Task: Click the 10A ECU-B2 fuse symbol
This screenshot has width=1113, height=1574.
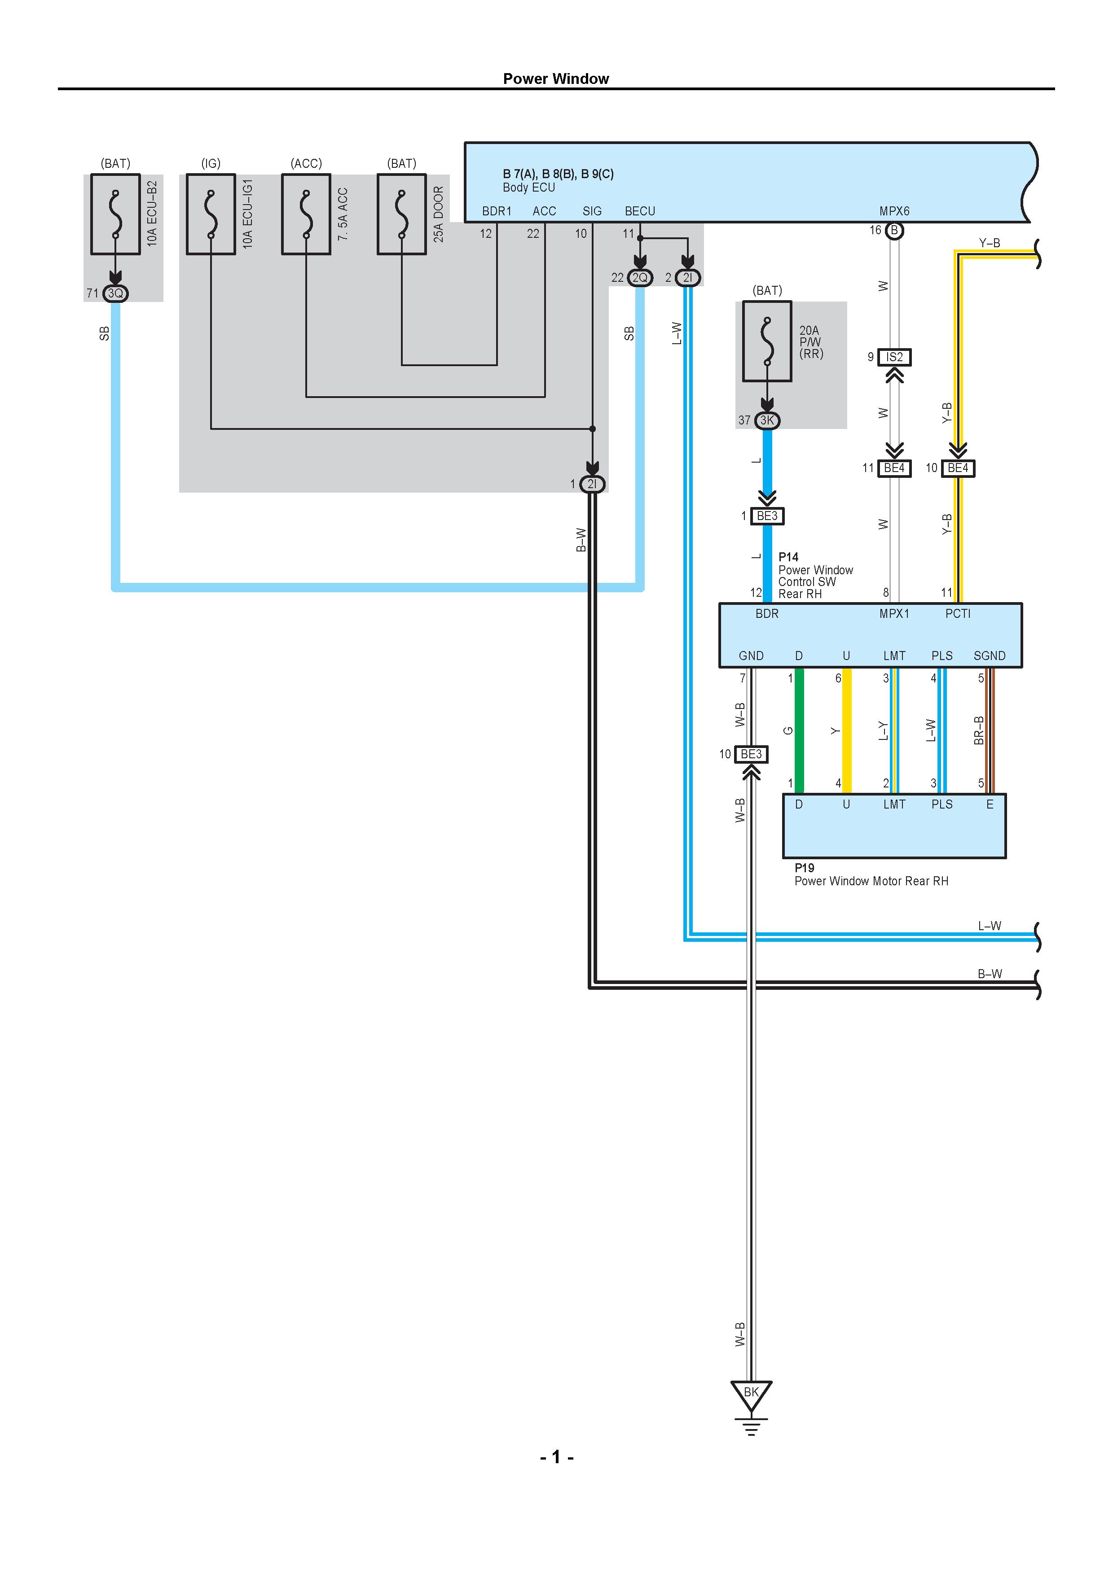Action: tap(115, 214)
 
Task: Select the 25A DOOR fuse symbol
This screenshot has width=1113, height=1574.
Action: tap(402, 214)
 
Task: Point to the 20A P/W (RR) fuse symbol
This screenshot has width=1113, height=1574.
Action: tap(767, 341)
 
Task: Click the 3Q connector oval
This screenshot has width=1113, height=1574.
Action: tap(115, 293)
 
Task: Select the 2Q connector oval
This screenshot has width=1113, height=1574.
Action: tap(640, 278)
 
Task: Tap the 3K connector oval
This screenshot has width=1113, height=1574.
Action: tap(767, 420)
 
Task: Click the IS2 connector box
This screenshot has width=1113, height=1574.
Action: tap(894, 357)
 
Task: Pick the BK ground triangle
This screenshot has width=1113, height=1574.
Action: tap(752, 1394)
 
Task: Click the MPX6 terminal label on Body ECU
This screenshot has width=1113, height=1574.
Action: tap(894, 211)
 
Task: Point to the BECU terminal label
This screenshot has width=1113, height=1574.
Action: tap(640, 211)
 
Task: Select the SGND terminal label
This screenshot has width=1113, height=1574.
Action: tap(990, 656)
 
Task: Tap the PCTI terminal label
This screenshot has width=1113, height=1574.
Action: tap(958, 613)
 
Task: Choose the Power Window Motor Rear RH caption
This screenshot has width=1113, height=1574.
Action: tap(871, 881)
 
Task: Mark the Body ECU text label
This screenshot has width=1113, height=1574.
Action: tap(529, 187)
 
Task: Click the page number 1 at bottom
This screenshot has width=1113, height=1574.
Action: tap(556, 1457)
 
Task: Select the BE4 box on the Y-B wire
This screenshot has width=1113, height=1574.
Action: tap(958, 468)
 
